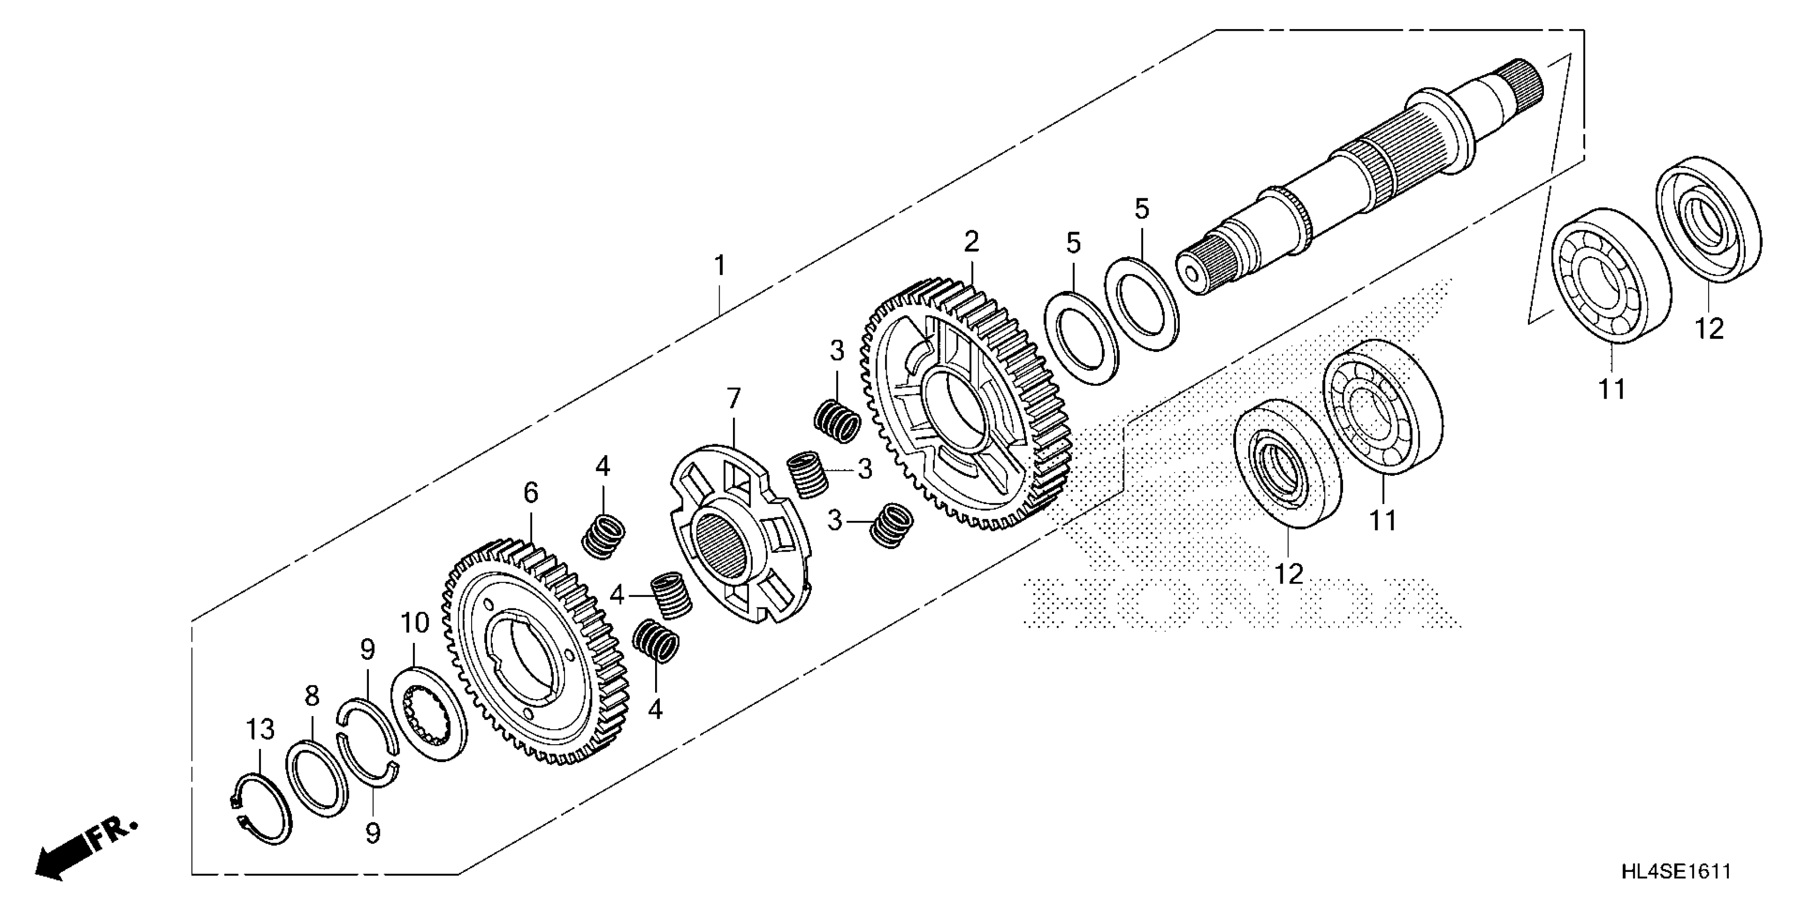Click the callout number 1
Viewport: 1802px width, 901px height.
click(719, 266)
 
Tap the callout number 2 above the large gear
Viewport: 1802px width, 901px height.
click(971, 242)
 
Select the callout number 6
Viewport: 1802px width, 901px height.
click(531, 493)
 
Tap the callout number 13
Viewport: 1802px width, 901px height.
click(260, 730)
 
